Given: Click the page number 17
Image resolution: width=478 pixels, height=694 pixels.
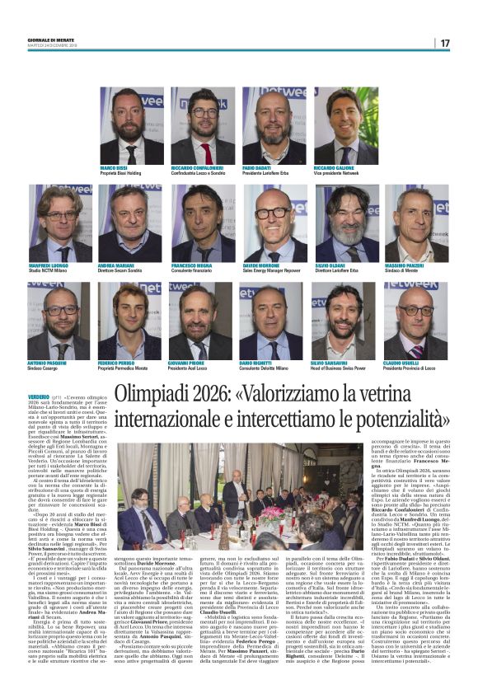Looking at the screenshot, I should pos(444,42).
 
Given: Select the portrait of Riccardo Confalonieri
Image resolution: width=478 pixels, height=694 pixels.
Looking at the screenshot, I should pos(203,125).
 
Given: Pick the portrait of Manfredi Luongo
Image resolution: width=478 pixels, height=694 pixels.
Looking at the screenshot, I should pos(60,223).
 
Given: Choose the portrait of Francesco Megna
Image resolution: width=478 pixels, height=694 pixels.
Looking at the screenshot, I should pos(202,223).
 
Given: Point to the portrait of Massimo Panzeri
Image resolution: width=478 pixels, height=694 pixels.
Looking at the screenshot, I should pos(416,223).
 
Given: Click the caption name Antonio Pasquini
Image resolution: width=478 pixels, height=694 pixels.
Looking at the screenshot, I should pos(46,363).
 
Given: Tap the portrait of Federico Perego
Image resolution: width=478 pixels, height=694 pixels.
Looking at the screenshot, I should pos(130,321).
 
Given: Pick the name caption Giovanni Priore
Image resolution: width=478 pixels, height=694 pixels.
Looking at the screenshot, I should pos(187,363).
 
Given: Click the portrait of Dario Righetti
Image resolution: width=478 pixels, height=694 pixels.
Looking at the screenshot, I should pos(274,321).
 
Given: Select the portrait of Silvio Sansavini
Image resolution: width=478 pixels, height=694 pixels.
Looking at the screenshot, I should pos(345,321).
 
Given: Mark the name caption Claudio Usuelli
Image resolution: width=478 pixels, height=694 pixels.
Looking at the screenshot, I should pos(401,363).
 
